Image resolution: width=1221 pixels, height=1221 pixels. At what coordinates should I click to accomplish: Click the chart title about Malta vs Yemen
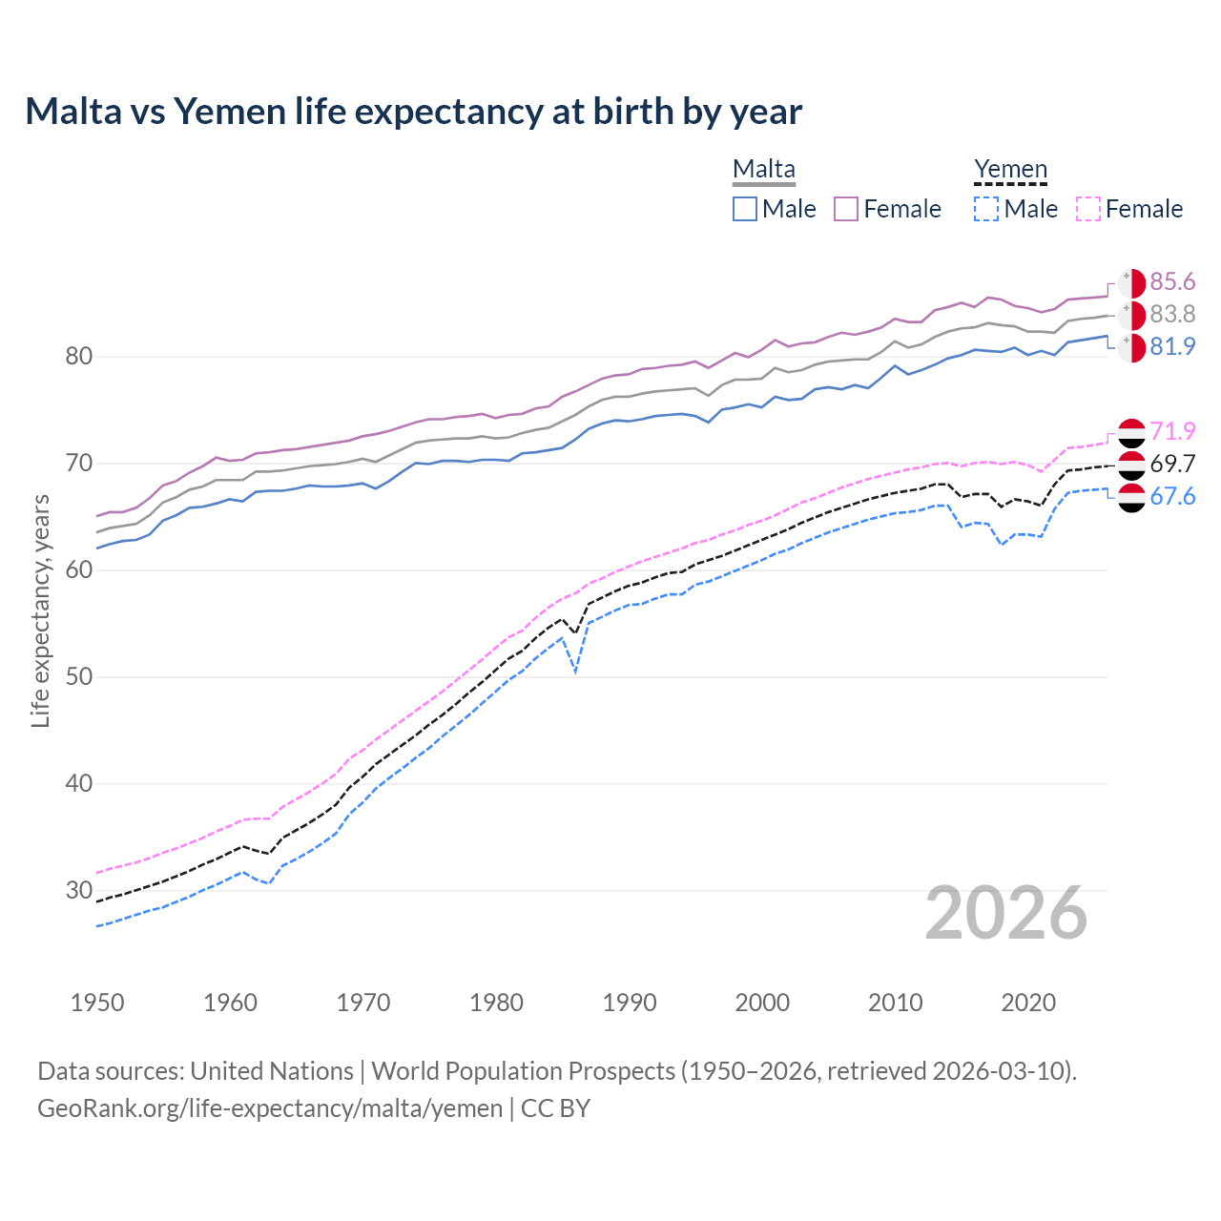[x=413, y=112]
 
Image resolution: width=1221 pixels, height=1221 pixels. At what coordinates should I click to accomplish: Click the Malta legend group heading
[x=763, y=169]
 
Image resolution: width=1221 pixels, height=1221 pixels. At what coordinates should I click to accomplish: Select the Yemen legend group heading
[x=1010, y=169]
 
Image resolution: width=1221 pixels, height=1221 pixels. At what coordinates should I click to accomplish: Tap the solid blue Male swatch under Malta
[x=745, y=209]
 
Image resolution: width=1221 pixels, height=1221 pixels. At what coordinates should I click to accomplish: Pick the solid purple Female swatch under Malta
[x=846, y=209]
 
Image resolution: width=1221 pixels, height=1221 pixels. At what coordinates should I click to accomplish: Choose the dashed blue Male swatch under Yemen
[x=986, y=209]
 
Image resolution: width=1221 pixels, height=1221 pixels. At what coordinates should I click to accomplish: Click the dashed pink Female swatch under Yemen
[x=1087, y=209]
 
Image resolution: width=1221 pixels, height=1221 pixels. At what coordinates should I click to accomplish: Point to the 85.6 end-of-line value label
[x=1172, y=281]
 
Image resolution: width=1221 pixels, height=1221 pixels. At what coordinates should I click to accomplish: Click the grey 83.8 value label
[x=1172, y=314]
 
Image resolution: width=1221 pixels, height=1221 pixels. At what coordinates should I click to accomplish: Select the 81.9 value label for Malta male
[x=1172, y=346]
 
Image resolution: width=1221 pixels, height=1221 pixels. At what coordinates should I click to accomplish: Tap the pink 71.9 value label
[x=1172, y=431]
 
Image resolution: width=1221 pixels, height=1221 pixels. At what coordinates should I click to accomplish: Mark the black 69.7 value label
[x=1172, y=464]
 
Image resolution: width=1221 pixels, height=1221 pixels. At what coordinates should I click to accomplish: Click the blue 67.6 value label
[x=1172, y=496]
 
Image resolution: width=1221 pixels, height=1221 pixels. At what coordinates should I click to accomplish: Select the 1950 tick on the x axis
[x=97, y=1003]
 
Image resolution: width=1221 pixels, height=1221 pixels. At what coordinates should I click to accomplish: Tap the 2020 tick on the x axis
[x=1028, y=1003]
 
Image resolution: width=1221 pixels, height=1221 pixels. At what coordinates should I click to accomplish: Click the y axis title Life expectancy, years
[x=40, y=610]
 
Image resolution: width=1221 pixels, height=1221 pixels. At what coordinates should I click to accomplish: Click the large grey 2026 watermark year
[x=1006, y=913]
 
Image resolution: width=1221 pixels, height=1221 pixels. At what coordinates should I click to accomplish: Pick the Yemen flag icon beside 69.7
[x=1131, y=465]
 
